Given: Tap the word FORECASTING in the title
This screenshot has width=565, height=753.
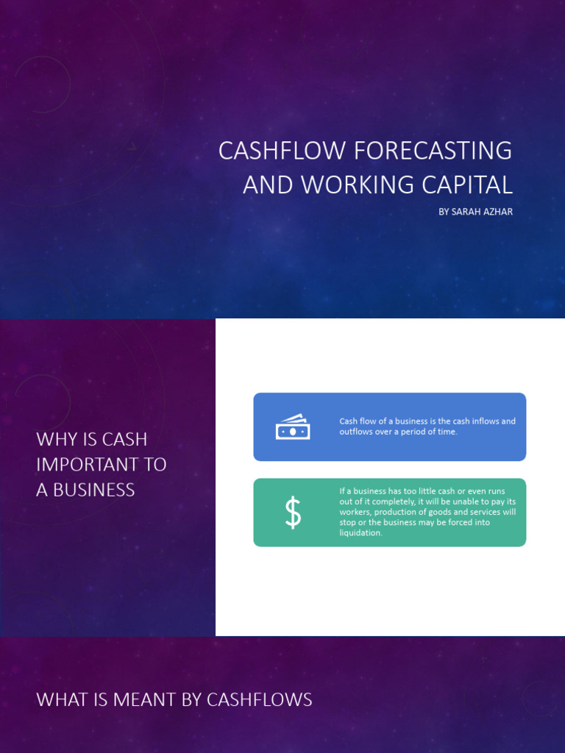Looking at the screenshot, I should tap(433, 151).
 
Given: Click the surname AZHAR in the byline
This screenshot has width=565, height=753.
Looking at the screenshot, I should tap(498, 212).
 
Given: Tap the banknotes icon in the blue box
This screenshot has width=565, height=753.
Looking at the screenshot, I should tap(293, 427).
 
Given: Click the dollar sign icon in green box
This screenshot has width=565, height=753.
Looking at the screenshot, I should tap(293, 513).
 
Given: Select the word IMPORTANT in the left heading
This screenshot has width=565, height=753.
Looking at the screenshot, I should tap(102, 465).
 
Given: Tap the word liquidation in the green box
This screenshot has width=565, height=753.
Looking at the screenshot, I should tap(360, 533).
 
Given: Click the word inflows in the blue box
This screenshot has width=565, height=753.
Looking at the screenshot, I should tap(486, 421).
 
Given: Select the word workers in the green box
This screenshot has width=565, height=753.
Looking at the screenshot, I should tap(355, 512).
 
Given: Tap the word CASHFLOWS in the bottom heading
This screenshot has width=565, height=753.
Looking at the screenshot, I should tap(260, 700).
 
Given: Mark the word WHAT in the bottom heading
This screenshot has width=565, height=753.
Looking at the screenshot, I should tap(62, 700).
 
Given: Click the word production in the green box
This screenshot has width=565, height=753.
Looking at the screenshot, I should tap(402, 512).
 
